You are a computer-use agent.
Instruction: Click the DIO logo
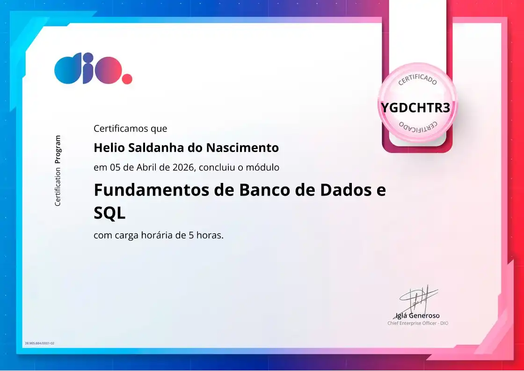click(x=88, y=69)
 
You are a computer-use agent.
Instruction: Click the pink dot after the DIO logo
click(x=127, y=79)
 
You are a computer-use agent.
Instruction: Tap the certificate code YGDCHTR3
click(x=415, y=108)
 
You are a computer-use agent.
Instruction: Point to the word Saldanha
click(x=149, y=148)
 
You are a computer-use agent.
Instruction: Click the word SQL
click(x=109, y=213)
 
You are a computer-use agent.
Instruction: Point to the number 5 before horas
click(x=191, y=235)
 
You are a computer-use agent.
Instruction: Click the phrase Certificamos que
click(x=130, y=128)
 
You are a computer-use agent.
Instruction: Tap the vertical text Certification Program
click(x=58, y=171)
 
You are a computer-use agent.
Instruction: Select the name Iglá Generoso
click(x=418, y=315)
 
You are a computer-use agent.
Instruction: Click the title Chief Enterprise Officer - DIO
click(x=417, y=323)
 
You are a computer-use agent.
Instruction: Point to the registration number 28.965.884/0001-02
click(x=39, y=343)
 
